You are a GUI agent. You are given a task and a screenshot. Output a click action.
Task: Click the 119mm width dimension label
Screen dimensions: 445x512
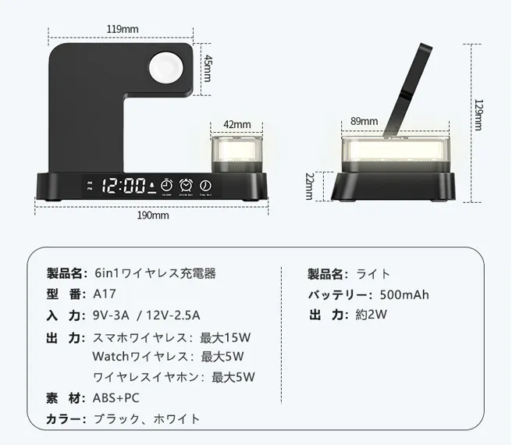123,29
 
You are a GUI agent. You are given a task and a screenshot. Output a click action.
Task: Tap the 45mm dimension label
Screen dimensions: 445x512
208,69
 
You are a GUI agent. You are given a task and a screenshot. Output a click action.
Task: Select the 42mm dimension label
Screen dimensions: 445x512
237,124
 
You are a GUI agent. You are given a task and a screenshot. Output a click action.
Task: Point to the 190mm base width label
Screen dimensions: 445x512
154,215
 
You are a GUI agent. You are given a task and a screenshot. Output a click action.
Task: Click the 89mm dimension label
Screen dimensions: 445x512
364,121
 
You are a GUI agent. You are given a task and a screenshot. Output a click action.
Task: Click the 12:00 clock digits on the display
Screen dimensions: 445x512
124,186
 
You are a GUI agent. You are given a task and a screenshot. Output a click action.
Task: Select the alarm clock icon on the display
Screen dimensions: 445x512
186,185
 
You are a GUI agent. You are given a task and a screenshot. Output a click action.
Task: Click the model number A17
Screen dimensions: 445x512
104,294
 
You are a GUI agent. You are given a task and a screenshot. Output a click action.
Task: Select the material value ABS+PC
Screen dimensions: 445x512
116,397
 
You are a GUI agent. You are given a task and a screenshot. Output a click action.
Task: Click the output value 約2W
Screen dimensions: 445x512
372,315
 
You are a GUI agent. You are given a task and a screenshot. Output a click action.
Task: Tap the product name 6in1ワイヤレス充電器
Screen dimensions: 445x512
155,273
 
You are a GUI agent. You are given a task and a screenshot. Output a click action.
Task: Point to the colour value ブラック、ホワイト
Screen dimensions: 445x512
146,418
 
